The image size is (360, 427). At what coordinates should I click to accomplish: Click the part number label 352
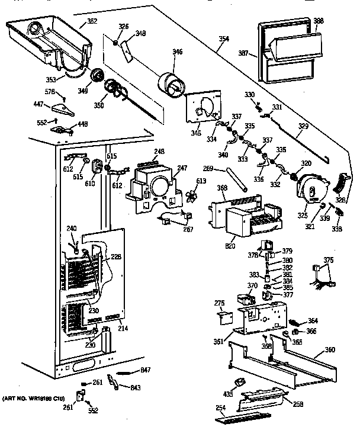(x=92, y=22)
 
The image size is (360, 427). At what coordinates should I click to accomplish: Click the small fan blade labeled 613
(x=191, y=197)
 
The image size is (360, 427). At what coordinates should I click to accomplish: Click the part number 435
(x=227, y=394)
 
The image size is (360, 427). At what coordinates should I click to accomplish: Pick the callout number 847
(x=146, y=370)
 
